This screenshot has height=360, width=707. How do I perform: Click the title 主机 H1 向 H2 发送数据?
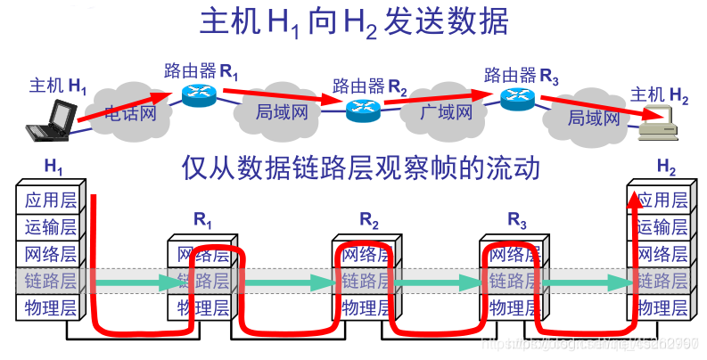tap(352, 24)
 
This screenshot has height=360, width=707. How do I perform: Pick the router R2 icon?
tap(363, 109)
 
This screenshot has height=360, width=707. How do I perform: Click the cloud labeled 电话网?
tap(129, 113)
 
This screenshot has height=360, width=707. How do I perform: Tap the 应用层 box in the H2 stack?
tap(660, 200)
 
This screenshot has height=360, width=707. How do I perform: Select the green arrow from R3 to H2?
tap(588, 282)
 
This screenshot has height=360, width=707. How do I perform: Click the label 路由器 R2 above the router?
tap(369, 86)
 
